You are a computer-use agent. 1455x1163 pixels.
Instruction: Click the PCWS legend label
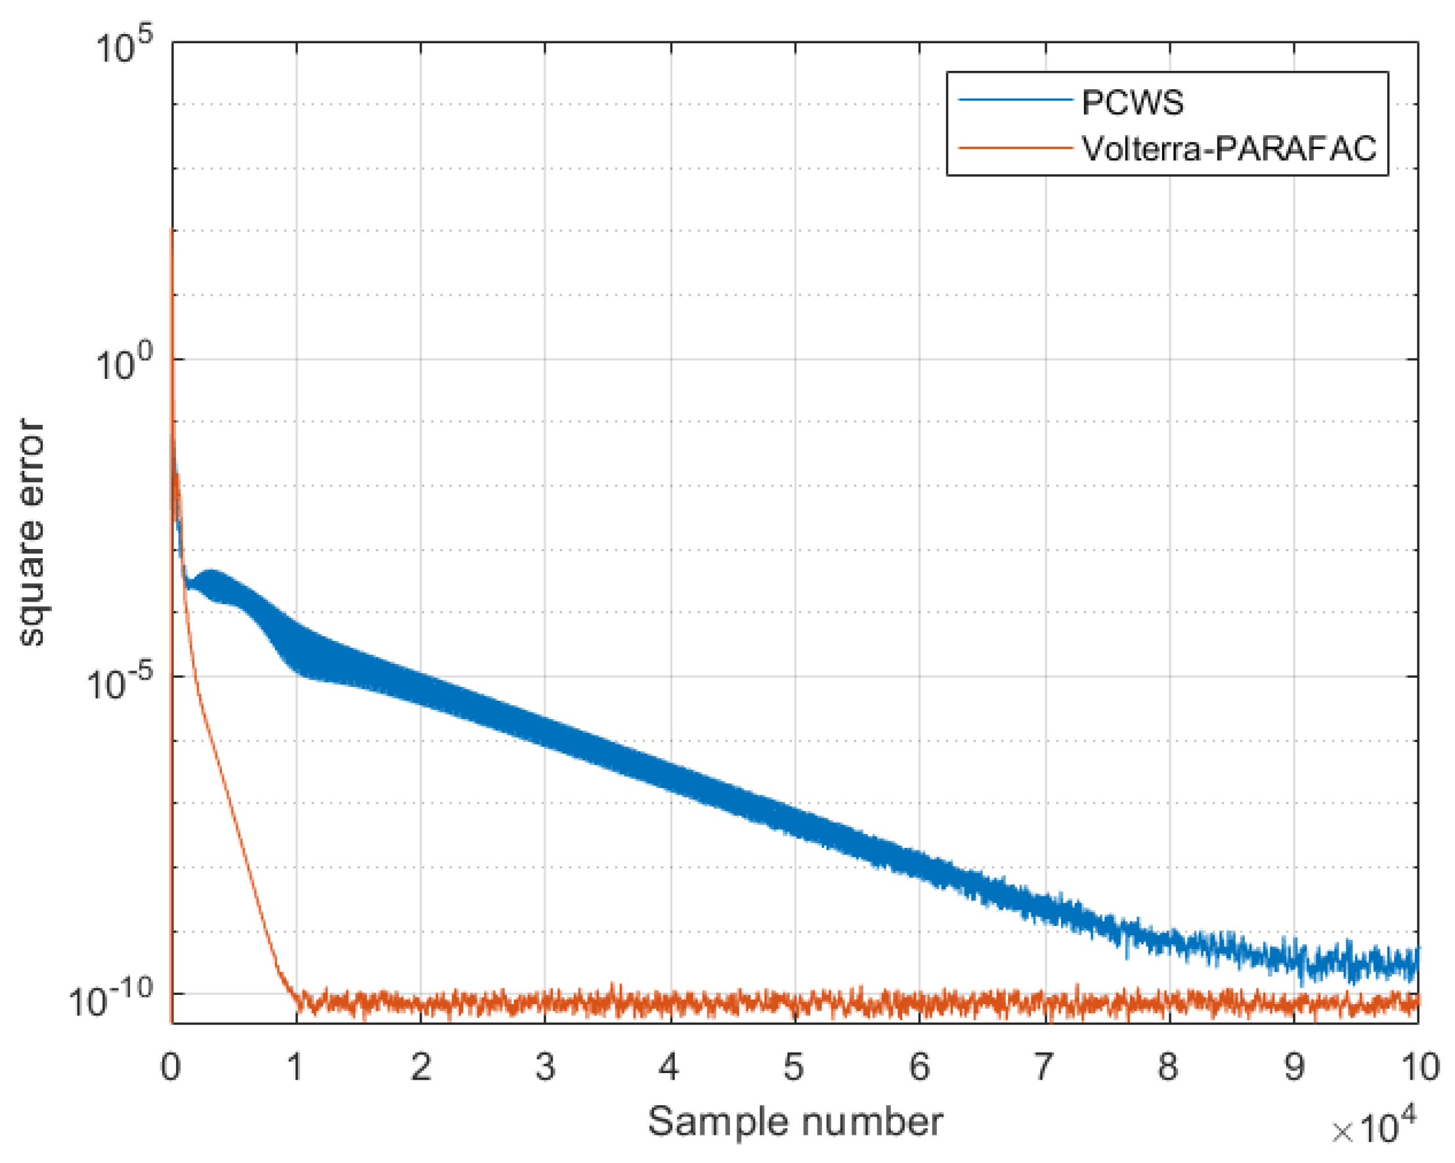point(1132,102)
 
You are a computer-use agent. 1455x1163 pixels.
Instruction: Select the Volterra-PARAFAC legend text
point(1228,148)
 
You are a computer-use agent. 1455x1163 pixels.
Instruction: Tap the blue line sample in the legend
point(1015,100)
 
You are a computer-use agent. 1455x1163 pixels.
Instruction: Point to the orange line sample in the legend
point(1015,147)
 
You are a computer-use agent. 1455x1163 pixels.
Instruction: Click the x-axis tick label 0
point(171,1066)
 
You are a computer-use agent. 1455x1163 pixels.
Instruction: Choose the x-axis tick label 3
point(545,1066)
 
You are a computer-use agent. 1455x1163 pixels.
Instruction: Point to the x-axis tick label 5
point(794,1066)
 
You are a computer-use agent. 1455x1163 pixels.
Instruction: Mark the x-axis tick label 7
point(1044,1066)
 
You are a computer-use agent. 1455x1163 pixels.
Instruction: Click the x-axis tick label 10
point(1420,1066)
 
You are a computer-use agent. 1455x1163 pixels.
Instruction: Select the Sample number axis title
point(795,1122)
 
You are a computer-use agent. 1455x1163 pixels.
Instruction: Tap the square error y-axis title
point(31,533)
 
